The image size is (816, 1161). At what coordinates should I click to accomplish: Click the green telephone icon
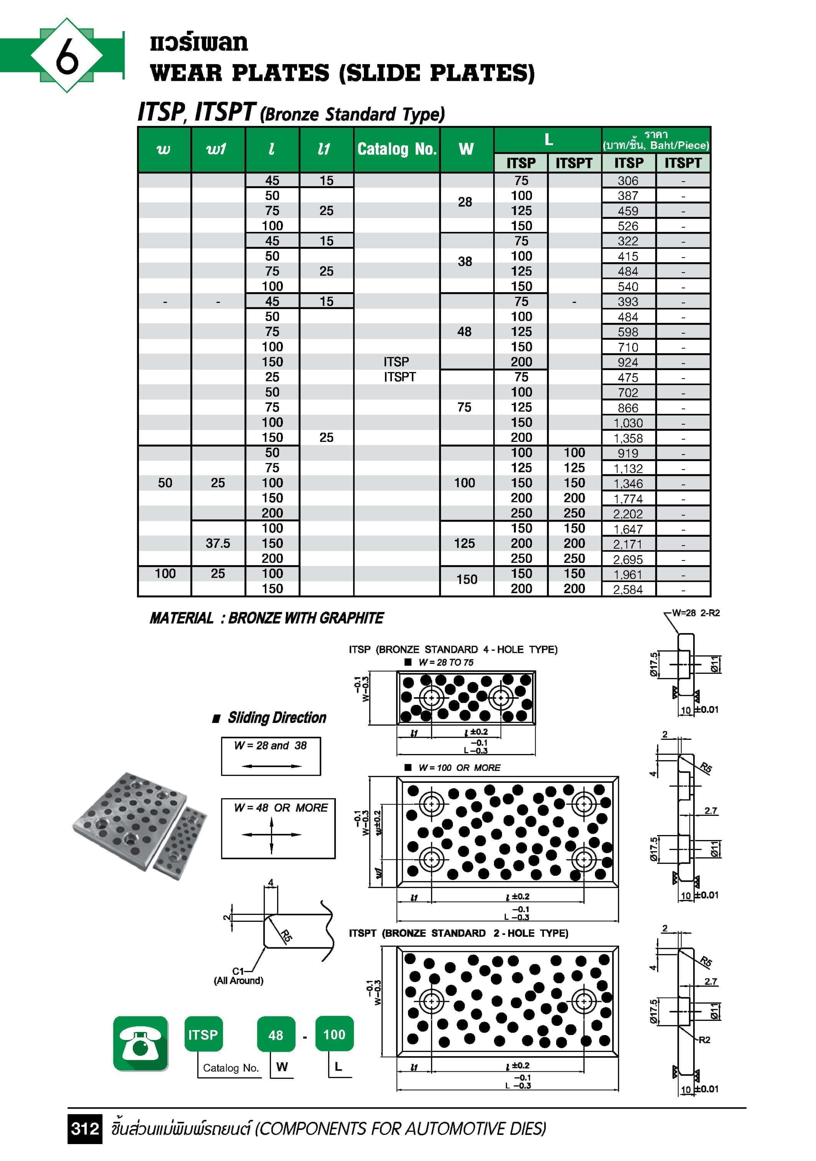pos(140,1043)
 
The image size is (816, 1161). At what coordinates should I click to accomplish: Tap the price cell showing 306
pos(628,180)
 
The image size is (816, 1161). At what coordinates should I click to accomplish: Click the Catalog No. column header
pos(397,149)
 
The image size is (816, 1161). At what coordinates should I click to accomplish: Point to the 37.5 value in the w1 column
pos(218,543)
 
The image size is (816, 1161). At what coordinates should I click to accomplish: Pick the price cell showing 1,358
pos(628,438)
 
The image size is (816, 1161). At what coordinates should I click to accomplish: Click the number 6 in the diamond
pos(67,56)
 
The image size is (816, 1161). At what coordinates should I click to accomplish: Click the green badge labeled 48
pos(276,1035)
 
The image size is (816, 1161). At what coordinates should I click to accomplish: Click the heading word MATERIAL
pos(182,618)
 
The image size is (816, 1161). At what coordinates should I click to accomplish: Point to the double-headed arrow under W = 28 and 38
pos(271,766)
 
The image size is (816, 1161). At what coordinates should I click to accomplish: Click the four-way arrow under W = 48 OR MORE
pos(271,834)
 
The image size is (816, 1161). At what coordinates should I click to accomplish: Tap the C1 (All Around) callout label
pos(239,976)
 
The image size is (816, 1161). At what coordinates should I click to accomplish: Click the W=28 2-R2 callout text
pos(696,613)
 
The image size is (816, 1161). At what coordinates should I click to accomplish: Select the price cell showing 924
pos(628,362)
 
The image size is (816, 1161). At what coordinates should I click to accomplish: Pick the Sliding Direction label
pos(277,718)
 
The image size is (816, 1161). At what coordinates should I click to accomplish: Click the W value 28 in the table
pos(465,202)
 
